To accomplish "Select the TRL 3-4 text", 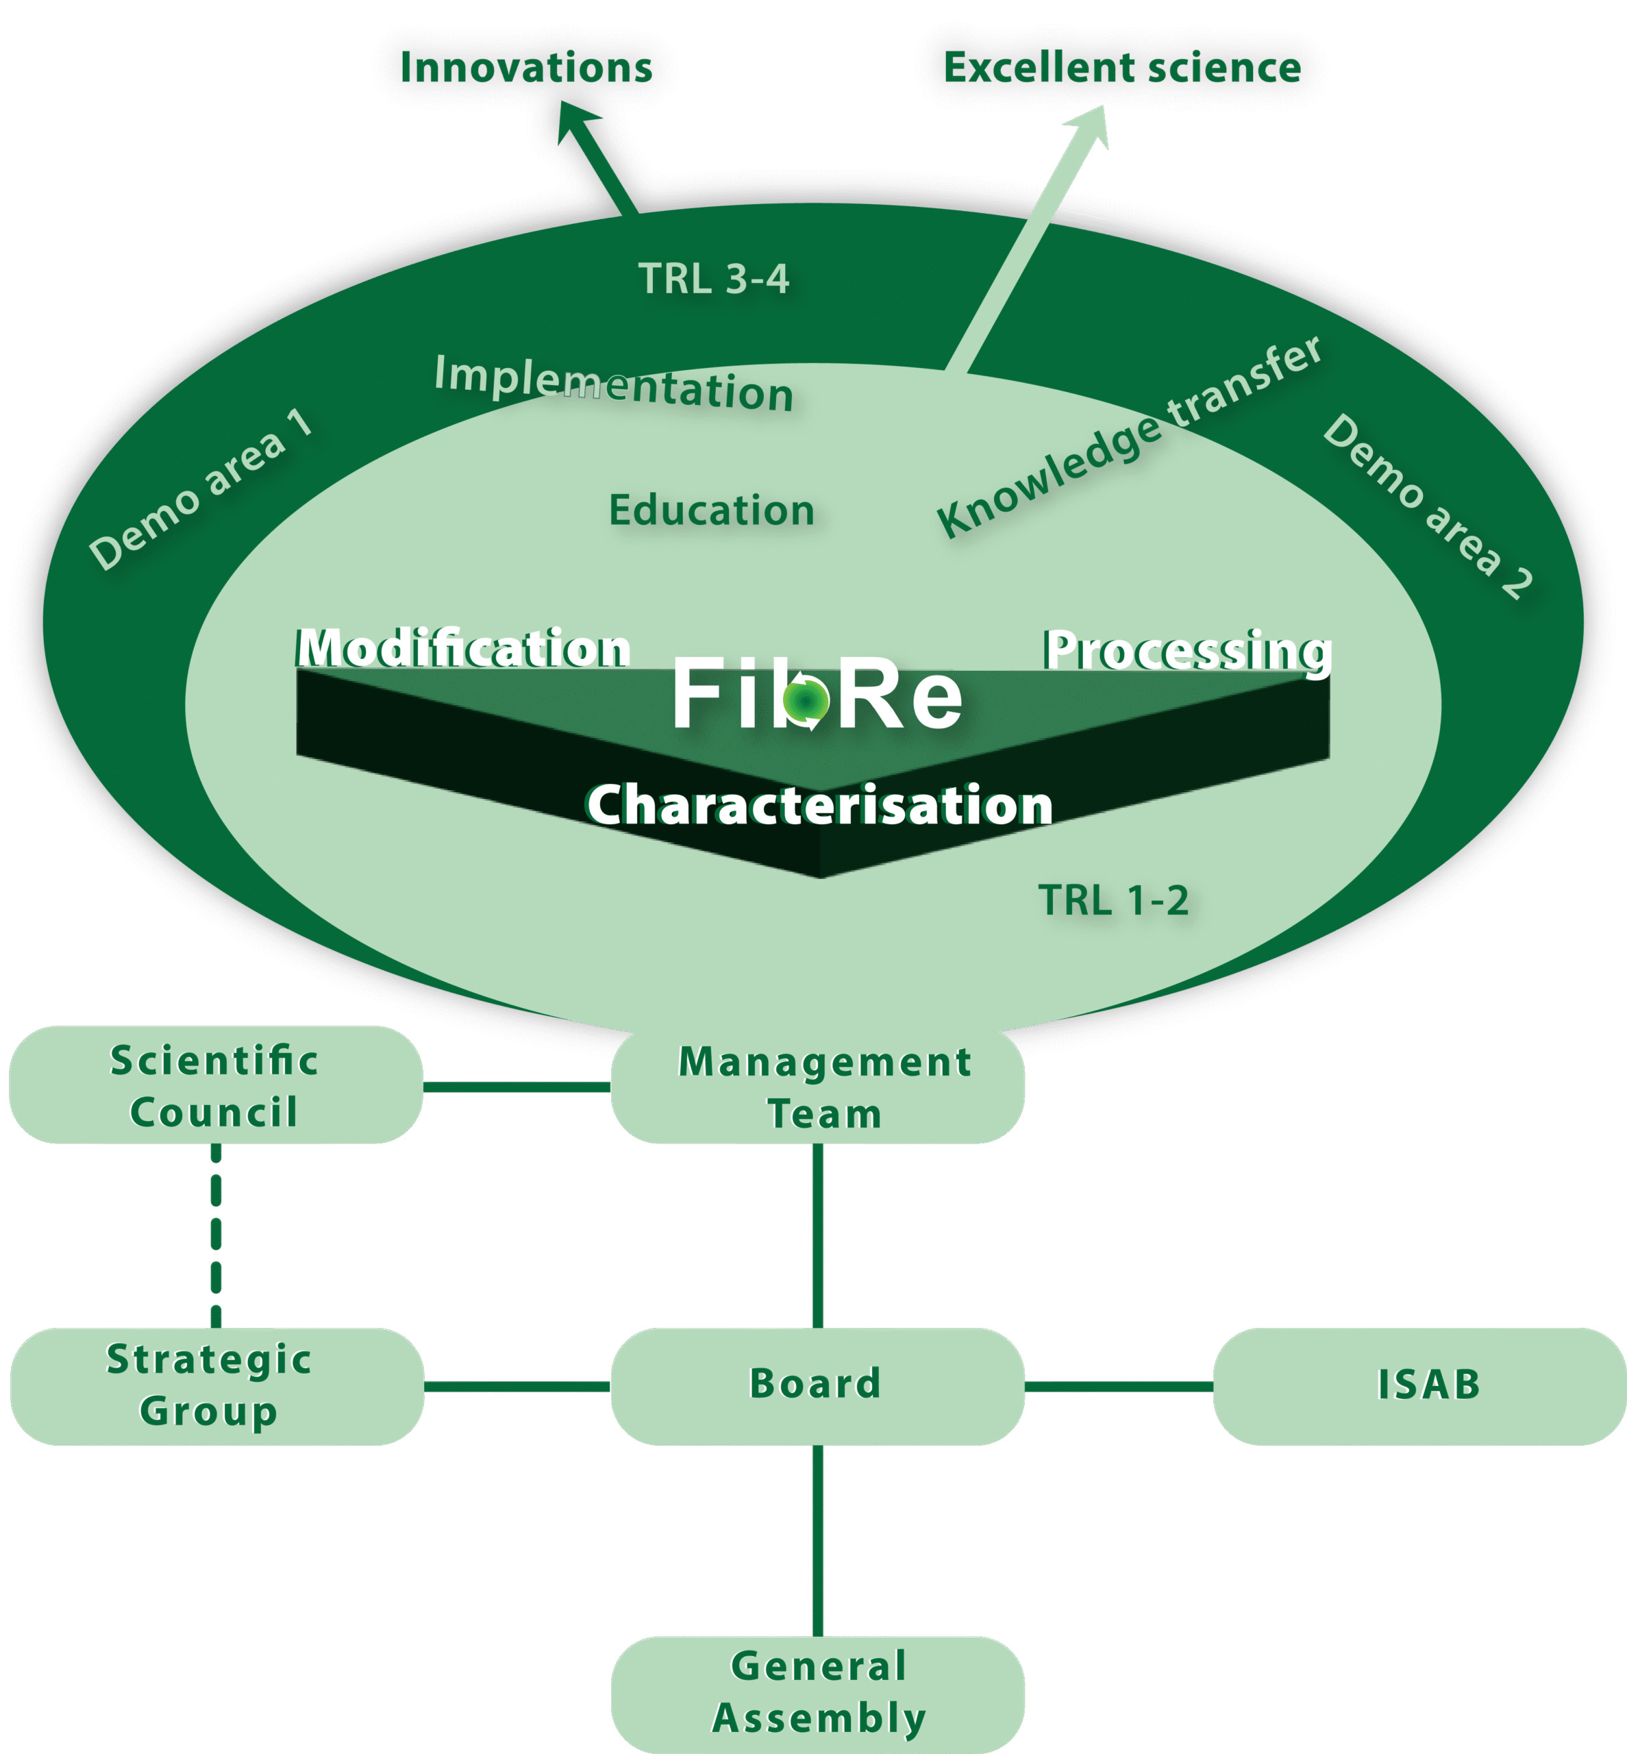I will tap(713, 279).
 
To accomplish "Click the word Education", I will tap(711, 510).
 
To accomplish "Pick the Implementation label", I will tap(614, 384).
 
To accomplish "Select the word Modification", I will tap(463, 649).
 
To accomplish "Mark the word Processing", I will tap(1188, 651).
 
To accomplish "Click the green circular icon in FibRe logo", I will tap(806, 701).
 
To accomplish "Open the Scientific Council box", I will tap(216, 1085).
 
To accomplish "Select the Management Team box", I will tap(818, 1087).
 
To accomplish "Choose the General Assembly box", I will tap(818, 1692).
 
